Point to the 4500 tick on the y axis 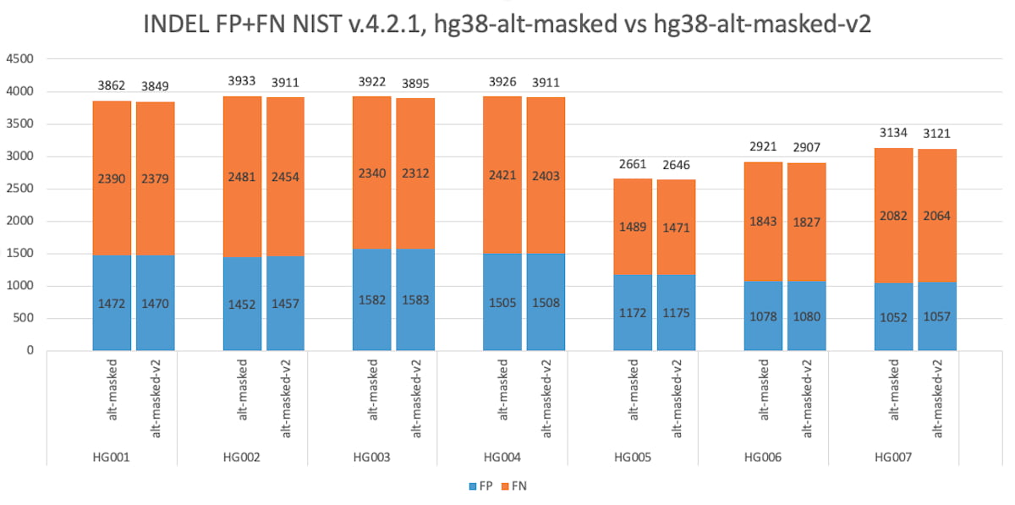pos(19,59)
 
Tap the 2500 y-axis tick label pos(19,189)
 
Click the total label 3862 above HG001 pos(111,85)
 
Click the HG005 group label pos(632,458)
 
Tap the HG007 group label pos(892,458)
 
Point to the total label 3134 pos(893,133)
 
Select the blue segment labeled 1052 pos(893,317)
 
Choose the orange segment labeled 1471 pos(676,227)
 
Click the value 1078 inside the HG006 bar pos(763,316)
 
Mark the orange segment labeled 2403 pos(546,176)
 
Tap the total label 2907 pos(806,147)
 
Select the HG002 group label pos(241,458)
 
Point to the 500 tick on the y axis pos(22,318)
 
